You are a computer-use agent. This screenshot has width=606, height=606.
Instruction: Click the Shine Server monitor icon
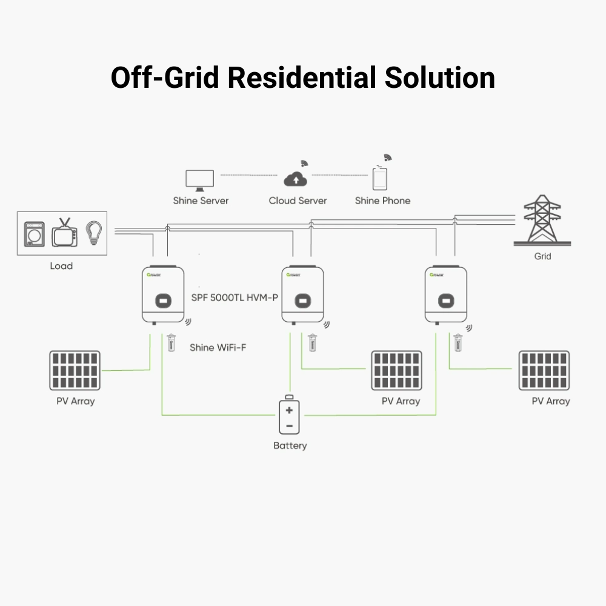pos(200,180)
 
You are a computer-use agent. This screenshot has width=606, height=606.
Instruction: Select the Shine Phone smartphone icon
pos(380,179)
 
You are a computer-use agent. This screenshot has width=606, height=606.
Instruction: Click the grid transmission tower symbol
pos(542,219)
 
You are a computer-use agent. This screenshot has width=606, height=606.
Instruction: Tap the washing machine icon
pos(35,234)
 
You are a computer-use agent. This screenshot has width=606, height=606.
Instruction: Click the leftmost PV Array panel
pos(75,370)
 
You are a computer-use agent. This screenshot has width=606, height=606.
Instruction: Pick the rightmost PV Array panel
pos(544,370)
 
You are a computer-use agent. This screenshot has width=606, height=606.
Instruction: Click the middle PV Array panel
pos(396,370)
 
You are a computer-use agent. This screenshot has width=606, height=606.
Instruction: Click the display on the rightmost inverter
pos(446,300)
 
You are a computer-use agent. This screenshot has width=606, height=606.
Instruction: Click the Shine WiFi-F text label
pos(218,347)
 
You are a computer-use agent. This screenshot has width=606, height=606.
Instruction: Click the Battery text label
pos(290,445)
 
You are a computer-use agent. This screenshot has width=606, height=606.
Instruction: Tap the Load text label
pos(61,265)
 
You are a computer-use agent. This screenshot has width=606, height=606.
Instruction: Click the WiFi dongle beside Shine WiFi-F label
pos(171,343)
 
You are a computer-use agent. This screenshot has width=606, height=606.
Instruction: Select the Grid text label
pos(542,256)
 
